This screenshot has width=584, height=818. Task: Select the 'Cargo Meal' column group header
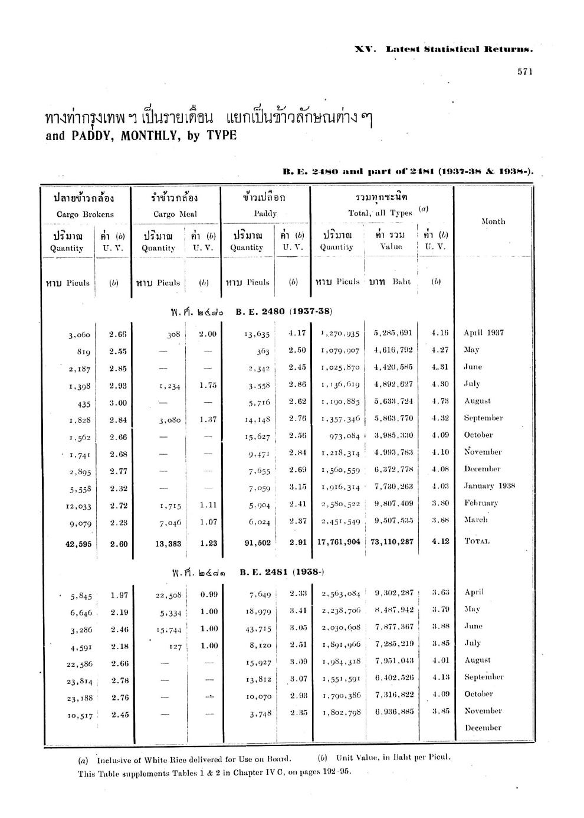175,214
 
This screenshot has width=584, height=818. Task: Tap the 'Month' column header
493,221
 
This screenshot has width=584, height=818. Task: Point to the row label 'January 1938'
489,486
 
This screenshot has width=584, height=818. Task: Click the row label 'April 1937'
483,333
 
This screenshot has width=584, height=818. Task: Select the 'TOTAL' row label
477,541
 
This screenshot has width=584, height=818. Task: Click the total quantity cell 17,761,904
339,541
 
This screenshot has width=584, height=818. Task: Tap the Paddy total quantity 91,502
257,542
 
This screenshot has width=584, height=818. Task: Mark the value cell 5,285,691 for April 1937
392,333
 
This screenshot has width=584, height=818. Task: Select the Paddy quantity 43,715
258,630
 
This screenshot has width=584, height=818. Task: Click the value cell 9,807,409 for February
393,503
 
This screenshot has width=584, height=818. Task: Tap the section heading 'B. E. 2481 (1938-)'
283,572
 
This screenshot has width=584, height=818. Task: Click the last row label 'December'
483,728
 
